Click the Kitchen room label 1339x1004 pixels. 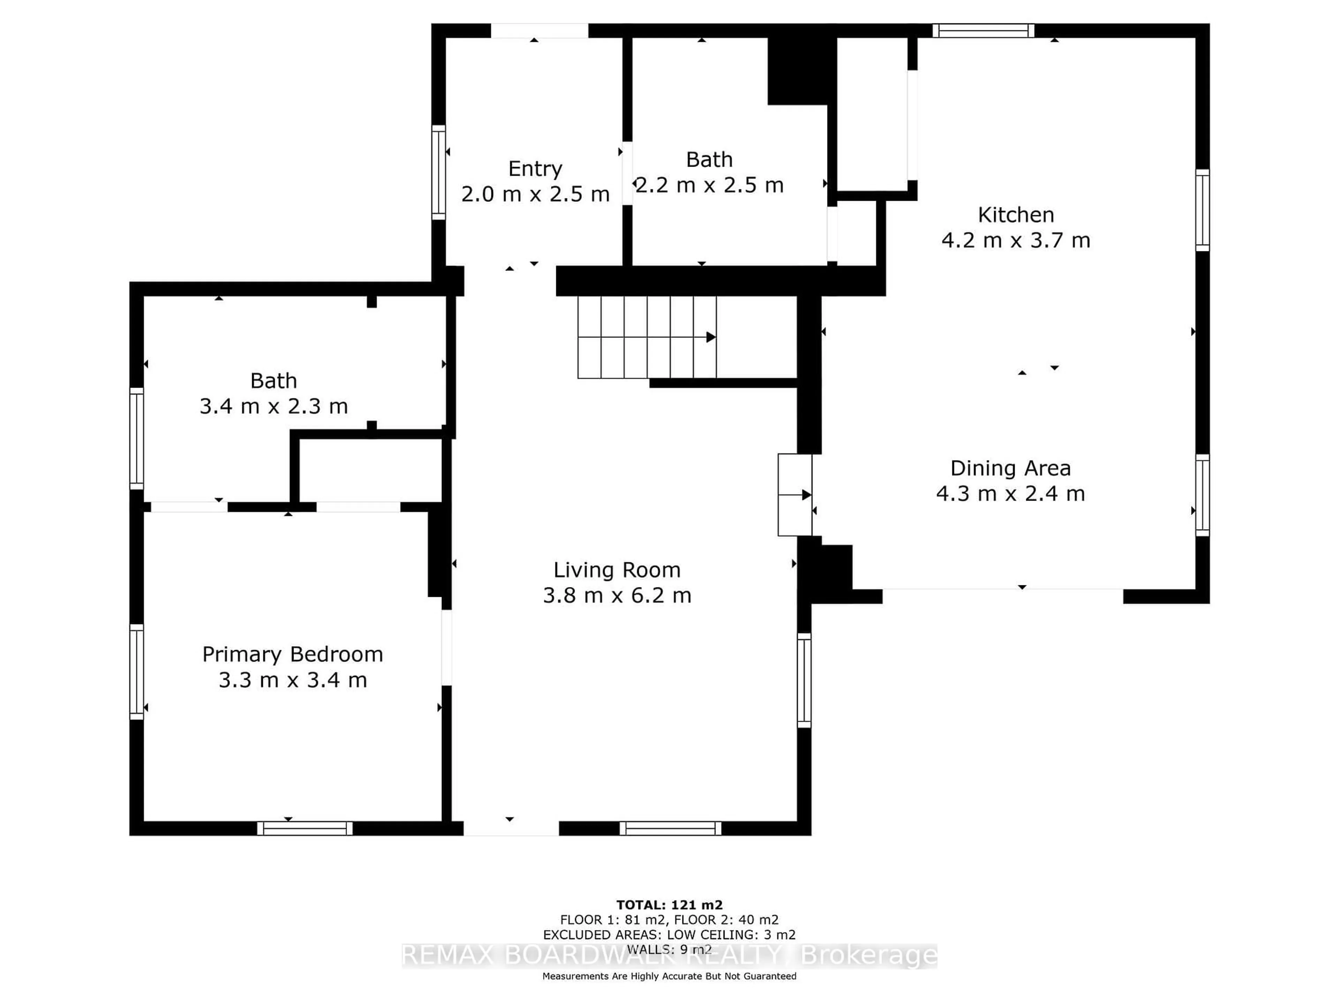(x=1016, y=215)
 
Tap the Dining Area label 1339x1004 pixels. (x=1010, y=469)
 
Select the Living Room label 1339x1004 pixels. (x=617, y=570)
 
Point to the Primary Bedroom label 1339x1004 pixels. (x=292, y=654)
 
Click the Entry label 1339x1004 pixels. (x=535, y=168)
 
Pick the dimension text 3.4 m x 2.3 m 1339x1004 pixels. (x=274, y=406)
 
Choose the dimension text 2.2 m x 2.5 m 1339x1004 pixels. (x=710, y=185)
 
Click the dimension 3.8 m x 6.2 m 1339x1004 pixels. (x=617, y=595)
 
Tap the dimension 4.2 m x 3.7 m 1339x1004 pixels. (x=1016, y=240)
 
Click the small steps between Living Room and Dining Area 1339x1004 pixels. (x=795, y=495)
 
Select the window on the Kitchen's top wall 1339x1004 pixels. (x=983, y=30)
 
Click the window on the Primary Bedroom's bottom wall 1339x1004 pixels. (x=304, y=829)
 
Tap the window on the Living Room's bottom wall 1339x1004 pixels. (x=670, y=829)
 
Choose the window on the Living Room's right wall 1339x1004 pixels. (x=804, y=680)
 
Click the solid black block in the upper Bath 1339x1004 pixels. (x=797, y=70)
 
